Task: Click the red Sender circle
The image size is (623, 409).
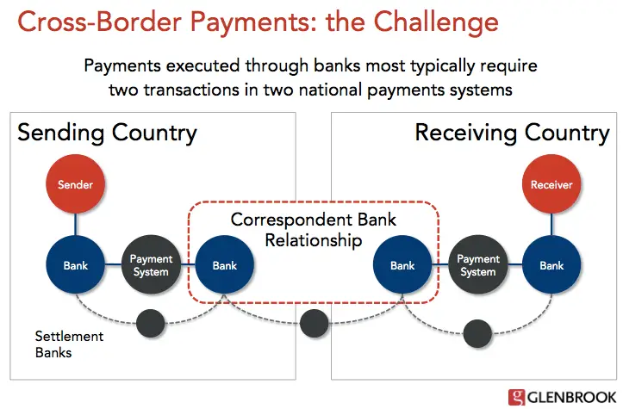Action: (75, 184)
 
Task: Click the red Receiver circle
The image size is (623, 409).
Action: (551, 184)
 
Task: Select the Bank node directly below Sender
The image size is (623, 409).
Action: (75, 266)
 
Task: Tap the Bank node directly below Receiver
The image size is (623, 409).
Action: (551, 266)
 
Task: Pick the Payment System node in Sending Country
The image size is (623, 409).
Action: (151, 266)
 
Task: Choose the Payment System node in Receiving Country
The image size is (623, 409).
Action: (477, 266)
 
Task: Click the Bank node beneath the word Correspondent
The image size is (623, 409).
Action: (225, 266)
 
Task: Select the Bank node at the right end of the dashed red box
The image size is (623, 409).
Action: (402, 266)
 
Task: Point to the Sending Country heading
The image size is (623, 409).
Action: (107, 133)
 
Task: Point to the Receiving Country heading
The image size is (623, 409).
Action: (512, 133)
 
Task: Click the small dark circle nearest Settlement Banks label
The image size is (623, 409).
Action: (151, 323)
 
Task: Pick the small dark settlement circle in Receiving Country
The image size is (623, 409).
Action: (477, 329)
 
